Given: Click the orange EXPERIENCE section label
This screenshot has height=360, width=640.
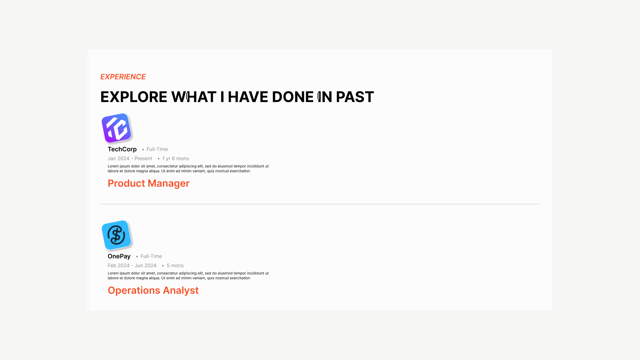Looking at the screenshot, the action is click(123, 76).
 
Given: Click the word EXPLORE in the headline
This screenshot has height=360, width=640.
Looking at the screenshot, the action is click(134, 97).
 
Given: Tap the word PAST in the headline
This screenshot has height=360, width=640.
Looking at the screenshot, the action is click(355, 97).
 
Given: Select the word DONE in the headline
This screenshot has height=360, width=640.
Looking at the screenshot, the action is click(293, 97).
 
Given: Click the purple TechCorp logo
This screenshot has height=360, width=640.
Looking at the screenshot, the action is click(116, 128).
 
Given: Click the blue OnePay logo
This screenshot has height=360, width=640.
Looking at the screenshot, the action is click(116, 235).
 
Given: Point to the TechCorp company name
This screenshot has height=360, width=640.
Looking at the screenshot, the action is click(122, 149).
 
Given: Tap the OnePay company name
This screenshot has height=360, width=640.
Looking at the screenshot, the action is click(119, 256).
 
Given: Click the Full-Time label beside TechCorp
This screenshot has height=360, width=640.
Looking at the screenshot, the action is click(157, 149).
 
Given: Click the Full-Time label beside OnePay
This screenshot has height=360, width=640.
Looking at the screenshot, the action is click(151, 256).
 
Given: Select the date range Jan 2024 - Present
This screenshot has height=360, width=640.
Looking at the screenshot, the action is click(130, 158).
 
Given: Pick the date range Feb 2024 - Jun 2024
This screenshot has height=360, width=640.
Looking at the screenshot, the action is click(132, 266).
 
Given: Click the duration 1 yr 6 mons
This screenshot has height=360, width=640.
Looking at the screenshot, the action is click(176, 158).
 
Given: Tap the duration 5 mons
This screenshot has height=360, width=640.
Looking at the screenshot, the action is click(175, 266).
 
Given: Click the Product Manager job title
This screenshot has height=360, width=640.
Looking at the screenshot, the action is click(148, 184).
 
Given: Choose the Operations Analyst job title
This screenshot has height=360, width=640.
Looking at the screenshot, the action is click(153, 290).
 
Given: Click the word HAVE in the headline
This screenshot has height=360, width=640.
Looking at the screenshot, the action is click(248, 97).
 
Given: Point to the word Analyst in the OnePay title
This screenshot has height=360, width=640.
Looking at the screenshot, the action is click(180, 290).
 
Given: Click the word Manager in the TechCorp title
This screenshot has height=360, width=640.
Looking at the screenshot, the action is click(169, 184).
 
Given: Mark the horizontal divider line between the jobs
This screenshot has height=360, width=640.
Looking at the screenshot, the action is click(320, 204).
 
